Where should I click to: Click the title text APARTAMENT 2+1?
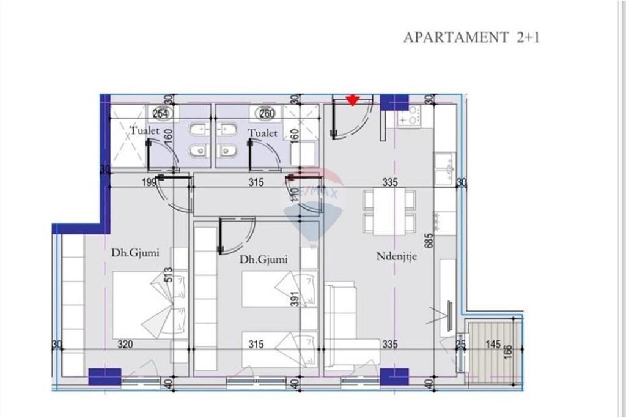471,37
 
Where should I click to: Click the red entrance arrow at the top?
352,100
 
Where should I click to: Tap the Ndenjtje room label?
396,257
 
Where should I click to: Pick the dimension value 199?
149,182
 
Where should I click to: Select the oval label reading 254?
161,113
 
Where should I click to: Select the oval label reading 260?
267,113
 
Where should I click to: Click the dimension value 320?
125,345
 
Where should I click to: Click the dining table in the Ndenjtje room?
389,212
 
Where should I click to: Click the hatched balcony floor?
492,361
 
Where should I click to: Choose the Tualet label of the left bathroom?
145,131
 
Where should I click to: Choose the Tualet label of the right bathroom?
263,133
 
